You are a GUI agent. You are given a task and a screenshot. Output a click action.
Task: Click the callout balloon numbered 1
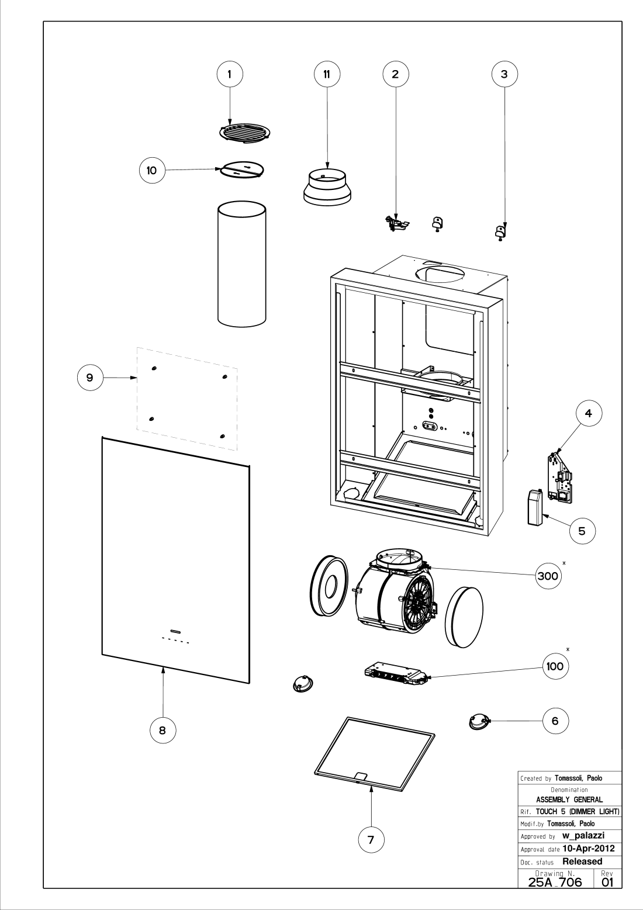230,74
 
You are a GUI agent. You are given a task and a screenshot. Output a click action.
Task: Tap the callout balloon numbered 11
327,74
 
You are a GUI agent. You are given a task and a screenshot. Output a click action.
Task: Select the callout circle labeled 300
548,576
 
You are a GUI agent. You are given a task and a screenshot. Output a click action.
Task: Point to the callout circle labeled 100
555,666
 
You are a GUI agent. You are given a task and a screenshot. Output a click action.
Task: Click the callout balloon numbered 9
90,378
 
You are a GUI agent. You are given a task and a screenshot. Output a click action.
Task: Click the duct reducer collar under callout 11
327,187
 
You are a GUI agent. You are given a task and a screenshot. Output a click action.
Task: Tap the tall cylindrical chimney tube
242,264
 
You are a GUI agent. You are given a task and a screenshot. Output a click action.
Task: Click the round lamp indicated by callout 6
478,722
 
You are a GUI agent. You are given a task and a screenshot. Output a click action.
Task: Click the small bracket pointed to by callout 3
500,232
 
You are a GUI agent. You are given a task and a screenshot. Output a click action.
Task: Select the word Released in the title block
582,861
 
